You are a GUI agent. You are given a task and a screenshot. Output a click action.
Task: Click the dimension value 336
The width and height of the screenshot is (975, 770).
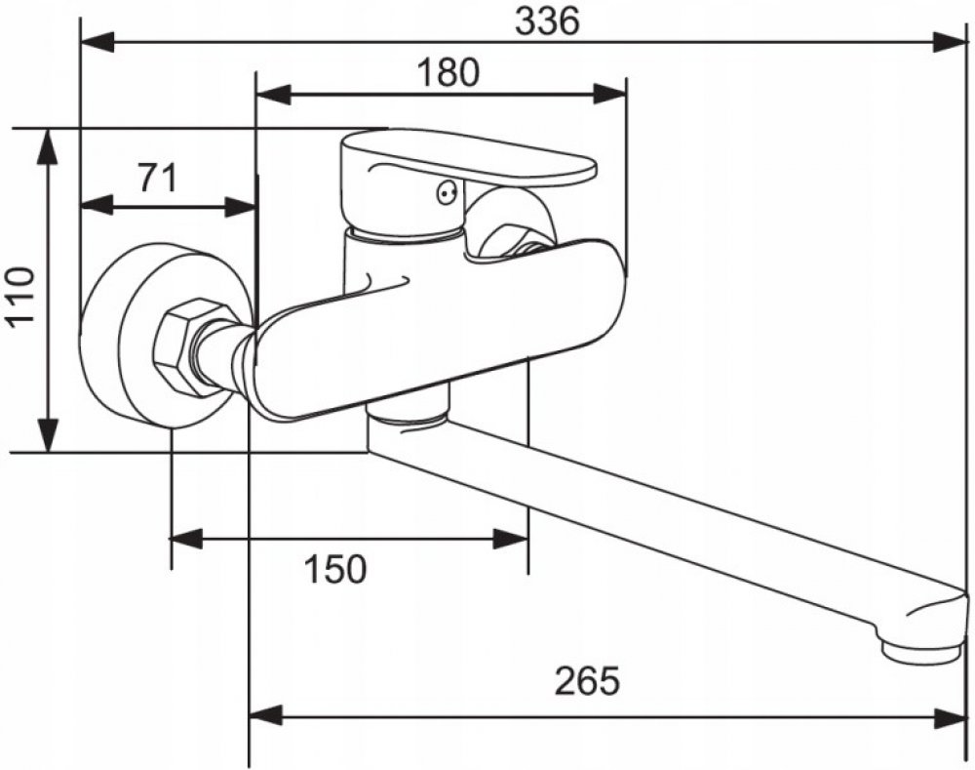pos(548,20)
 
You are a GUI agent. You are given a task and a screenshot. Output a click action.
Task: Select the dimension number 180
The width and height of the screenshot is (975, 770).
pos(448,72)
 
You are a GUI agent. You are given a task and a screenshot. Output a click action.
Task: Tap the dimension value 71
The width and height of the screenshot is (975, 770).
pos(156,179)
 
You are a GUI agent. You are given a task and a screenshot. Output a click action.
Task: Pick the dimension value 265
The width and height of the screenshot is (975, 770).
pos(587,680)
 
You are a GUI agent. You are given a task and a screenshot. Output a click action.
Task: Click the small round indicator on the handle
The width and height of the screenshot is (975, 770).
pos(447,192)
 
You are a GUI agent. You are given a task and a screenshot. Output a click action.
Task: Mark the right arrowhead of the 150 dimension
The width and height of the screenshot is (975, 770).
pos(512,539)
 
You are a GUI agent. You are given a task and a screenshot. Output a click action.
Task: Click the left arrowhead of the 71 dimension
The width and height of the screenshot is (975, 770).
pos(95,206)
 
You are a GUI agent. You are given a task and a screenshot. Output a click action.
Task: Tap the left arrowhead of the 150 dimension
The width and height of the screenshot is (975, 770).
pos(186,539)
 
